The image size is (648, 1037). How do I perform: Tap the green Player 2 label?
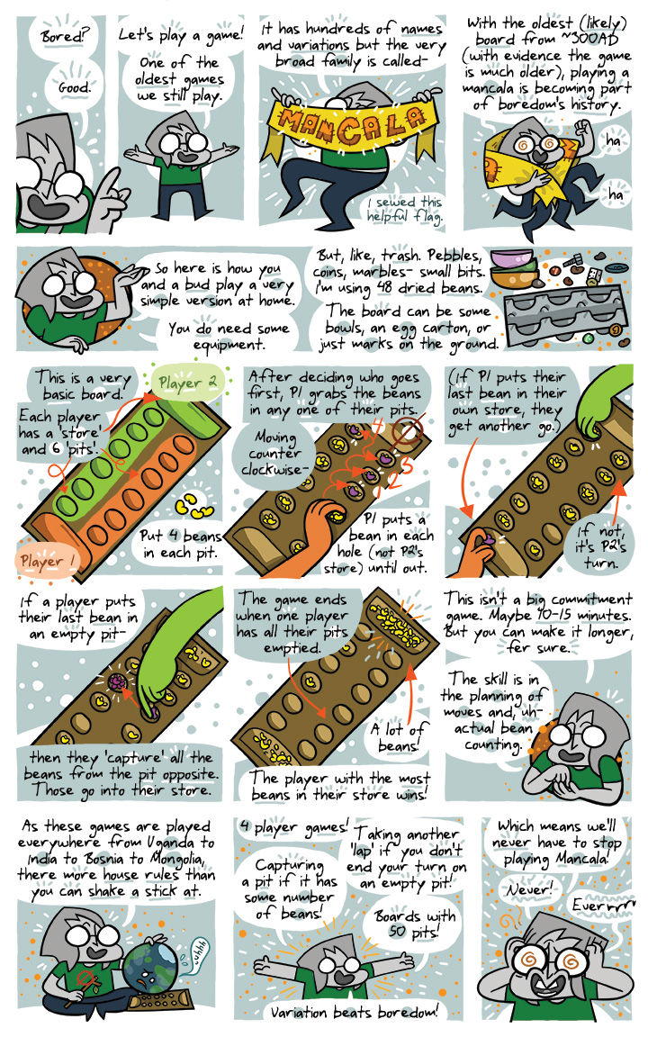coord(188,383)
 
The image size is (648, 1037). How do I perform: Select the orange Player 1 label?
coord(47,562)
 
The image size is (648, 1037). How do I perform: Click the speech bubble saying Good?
coord(74,87)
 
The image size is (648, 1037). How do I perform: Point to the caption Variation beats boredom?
coord(353,1012)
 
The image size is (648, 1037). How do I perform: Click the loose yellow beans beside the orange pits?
coord(193,505)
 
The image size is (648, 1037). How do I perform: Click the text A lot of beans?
coord(398,736)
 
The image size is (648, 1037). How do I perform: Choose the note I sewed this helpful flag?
coord(405,209)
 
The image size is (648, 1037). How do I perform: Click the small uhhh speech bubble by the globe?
coord(198,953)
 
